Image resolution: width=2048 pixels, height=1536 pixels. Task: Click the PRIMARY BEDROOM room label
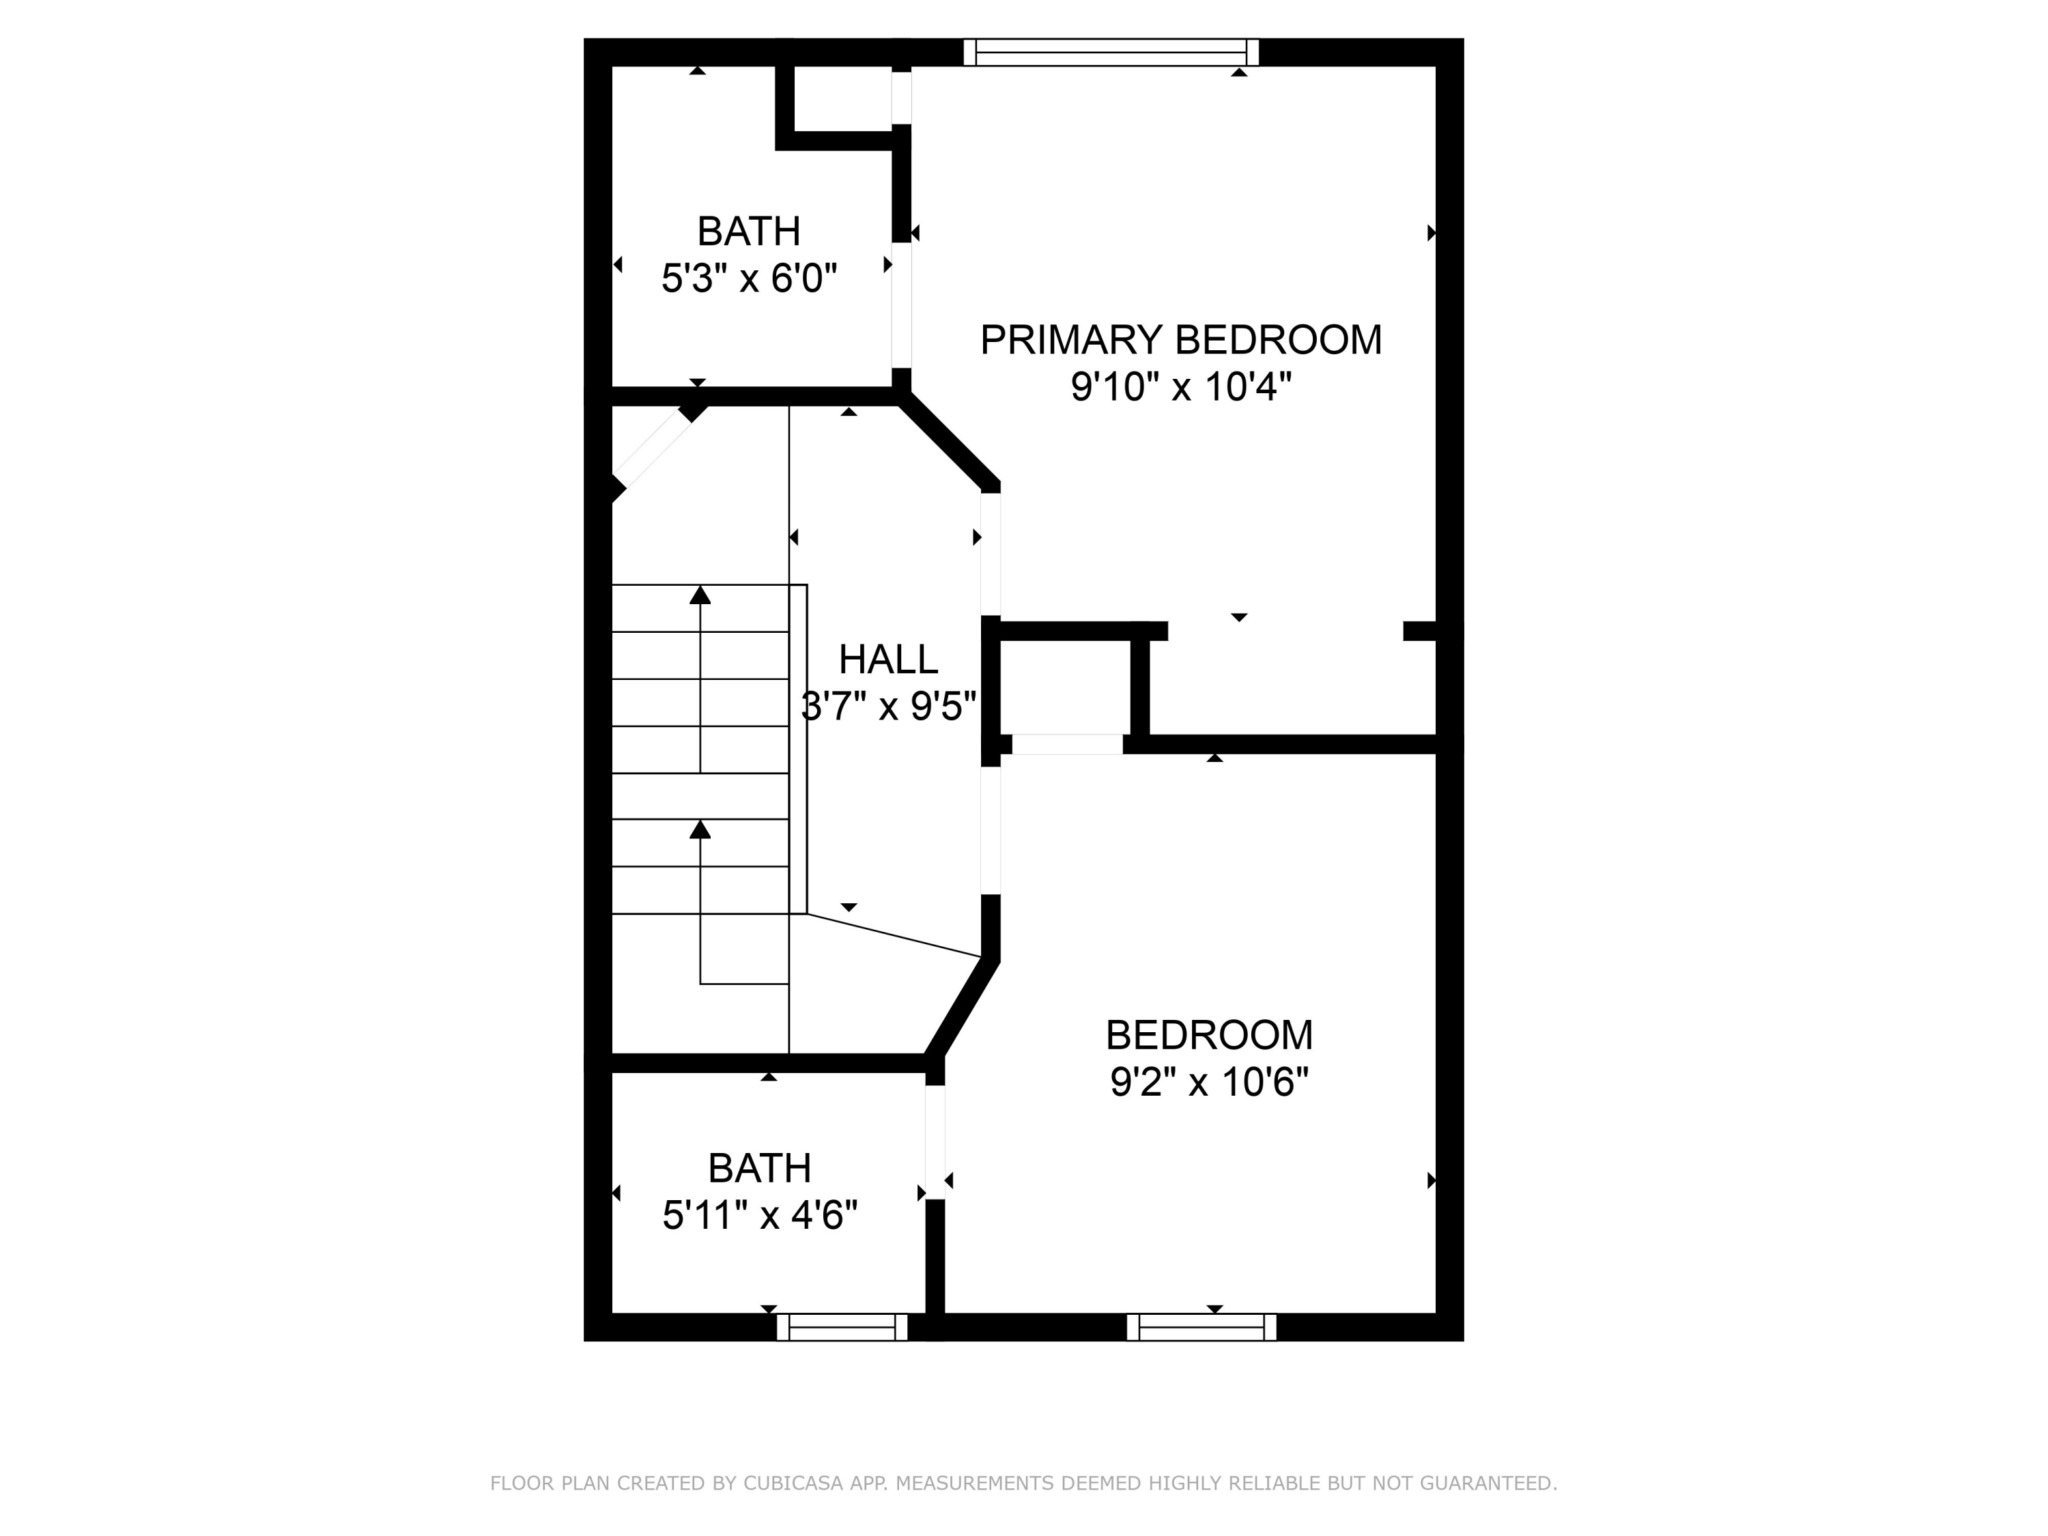(1180, 340)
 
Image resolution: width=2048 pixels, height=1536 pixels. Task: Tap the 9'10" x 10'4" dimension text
(1180, 387)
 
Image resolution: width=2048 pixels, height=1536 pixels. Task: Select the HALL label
(888, 659)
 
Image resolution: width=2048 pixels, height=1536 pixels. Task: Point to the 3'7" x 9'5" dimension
(888, 707)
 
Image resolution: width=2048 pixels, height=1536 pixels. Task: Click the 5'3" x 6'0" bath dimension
(749, 278)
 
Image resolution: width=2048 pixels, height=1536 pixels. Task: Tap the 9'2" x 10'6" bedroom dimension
(1209, 1081)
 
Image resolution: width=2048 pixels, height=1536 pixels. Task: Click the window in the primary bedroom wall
(1111, 52)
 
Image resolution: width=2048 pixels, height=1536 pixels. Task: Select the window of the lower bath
(842, 1326)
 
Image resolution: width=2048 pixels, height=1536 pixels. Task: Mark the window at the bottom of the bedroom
(1201, 1326)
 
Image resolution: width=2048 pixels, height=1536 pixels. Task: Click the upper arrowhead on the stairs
(700, 595)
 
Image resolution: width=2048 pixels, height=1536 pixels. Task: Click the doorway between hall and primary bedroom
(991, 554)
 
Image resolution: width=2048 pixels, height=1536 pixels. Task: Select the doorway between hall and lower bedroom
(991, 831)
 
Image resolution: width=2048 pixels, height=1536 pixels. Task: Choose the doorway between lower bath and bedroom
(935, 1141)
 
